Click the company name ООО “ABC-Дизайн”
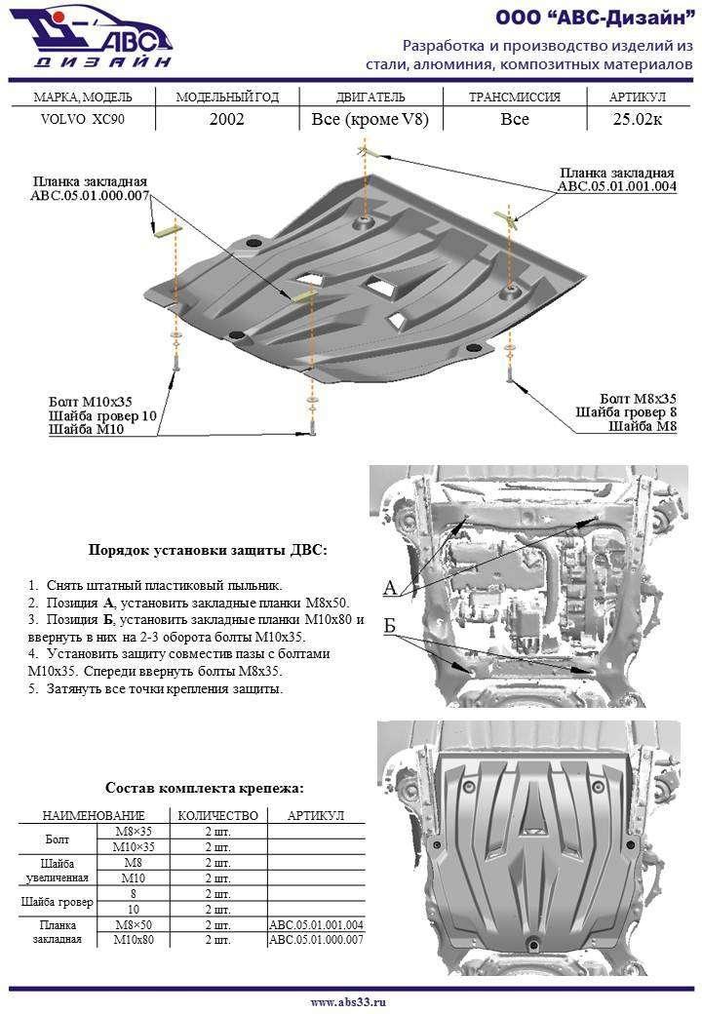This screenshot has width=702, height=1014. tap(594, 19)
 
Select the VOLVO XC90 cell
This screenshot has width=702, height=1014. tap(82, 120)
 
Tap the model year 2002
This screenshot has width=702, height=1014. tap(226, 120)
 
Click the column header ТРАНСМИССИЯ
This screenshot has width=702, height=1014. tap(514, 97)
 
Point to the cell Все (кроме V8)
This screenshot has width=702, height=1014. tap(370, 120)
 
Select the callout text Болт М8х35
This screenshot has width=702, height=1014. tap(638, 399)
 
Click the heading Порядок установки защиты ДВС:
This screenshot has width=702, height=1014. tap(208, 550)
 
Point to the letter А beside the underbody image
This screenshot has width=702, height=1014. tap(390, 587)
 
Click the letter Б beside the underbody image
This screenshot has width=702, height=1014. tap(390, 627)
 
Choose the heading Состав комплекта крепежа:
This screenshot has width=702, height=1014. tap(204, 788)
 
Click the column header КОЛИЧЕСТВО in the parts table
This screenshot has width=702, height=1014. tap(216, 815)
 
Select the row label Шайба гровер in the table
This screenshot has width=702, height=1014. tap(58, 901)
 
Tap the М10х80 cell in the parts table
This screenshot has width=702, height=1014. tap(135, 940)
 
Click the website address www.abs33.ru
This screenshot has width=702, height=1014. tap(348, 1001)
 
